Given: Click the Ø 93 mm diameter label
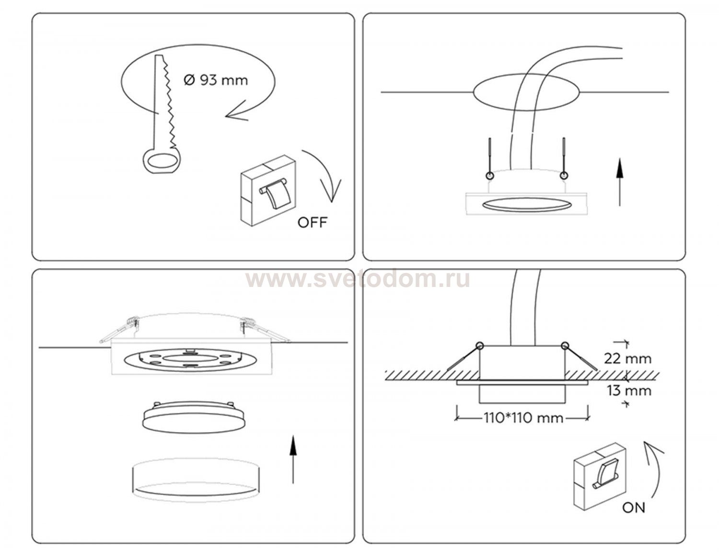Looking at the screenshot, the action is click(216, 80).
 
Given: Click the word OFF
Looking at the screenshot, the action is click(313, 222).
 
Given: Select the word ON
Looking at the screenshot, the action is click(633, 517).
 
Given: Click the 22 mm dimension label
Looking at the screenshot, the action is click(627, 359).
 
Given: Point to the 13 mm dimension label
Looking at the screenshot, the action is click(629, 391).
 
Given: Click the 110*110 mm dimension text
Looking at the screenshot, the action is click(523, 419).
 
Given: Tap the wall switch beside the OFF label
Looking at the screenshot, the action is click(268, 191).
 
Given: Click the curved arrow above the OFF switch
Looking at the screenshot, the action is click(326, 169).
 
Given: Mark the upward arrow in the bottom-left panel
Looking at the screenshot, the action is click(292, 460).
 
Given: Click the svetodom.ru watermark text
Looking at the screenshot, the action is click(358, 280).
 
